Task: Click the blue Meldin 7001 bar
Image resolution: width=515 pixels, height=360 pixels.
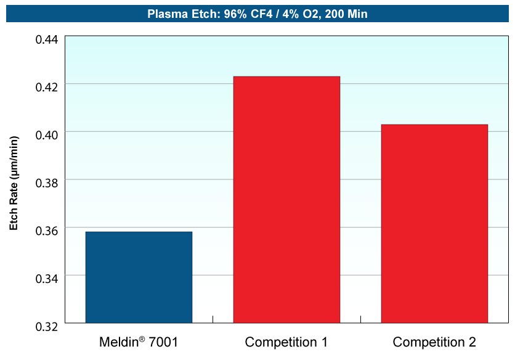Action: tap(139, 277)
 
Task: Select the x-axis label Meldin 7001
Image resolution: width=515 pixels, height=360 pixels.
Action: tap(138, 342)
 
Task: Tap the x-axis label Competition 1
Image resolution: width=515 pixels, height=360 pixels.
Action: tap(286, 342)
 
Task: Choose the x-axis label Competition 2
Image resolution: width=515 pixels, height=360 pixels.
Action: tap(434, 342)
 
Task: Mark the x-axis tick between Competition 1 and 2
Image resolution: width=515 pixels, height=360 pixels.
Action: tap(360, 319)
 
